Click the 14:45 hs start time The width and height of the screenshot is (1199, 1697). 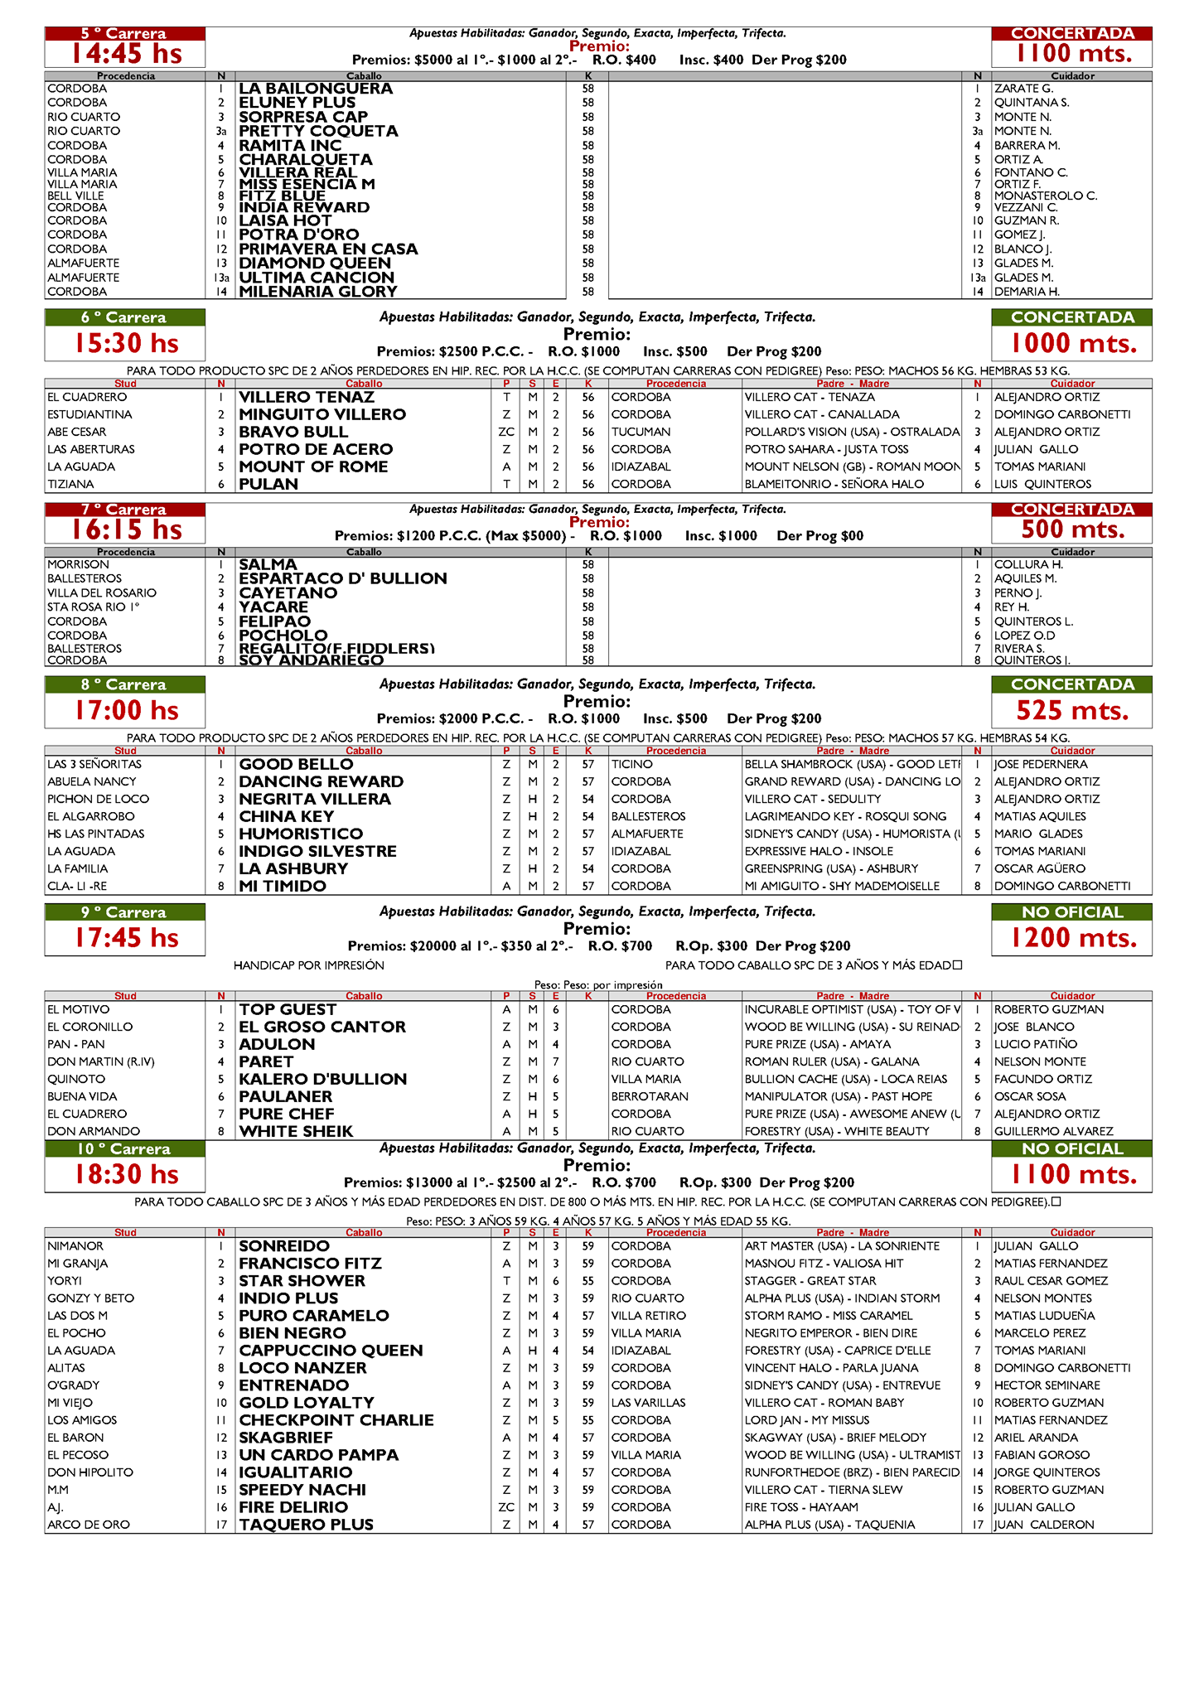click(x=125, y=54)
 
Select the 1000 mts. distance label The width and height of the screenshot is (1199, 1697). click(x=1072, y=343)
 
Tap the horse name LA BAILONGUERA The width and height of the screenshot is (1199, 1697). click(x=316, y=89)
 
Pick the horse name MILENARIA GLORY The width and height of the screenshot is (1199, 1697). click(x=318, y=292)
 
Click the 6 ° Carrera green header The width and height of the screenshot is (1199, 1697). click(x=124, y=317)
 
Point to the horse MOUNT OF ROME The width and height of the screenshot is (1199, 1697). click(x=313, y=467)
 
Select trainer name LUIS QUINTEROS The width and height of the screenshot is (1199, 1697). click(x=1042, y=484)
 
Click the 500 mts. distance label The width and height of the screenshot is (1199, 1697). click(x=1072, y=529)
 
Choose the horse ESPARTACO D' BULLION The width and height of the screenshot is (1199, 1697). click(x=342, y=578)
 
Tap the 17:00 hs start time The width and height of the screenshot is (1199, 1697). click(x=125, y=710)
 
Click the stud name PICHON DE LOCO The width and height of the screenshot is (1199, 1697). click(x=98, y=799)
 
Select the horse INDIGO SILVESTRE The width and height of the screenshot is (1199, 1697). click(x=317, y=851)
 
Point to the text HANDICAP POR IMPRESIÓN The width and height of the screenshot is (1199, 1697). click(x=308, y=965)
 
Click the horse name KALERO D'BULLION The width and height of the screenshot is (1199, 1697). click(x=322, y=1079)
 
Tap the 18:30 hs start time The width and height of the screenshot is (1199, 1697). click(x=125, y=1174)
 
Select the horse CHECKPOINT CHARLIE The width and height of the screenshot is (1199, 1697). click(x=336, y=1420)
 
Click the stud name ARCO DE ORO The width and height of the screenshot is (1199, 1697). click(x=88, y=1525)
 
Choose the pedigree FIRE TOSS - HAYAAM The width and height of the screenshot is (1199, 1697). click(x=800, y=1507)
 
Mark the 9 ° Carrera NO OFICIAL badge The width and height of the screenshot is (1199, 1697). click(x=1072, y=912)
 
